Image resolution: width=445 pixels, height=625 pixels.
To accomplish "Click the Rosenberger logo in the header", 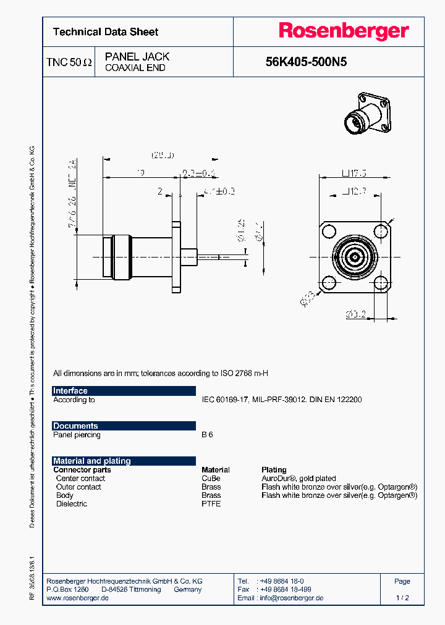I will pos(343,31).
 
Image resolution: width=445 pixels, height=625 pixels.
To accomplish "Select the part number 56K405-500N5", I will pos(306,62).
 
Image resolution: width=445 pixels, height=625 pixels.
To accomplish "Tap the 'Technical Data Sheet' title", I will pos(106,32).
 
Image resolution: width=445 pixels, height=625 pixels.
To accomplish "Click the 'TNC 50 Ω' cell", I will pos(69,62).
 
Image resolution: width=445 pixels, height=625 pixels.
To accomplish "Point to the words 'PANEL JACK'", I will pos(137,57).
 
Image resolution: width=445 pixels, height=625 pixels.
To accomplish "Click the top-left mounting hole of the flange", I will pos(328,229).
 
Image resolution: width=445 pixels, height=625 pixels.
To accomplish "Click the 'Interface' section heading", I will pos(70,391).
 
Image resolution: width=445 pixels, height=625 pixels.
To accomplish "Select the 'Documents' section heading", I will pos(75,426).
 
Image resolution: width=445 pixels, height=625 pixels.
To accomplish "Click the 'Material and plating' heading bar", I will pos(92,461).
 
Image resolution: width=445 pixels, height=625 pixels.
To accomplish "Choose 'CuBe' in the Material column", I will pos(211,479).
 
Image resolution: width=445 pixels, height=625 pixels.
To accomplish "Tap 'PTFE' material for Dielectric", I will pos(211,504).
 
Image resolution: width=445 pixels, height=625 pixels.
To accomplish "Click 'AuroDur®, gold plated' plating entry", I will pos(299,479).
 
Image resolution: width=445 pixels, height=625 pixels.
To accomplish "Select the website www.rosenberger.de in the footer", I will pos(78,598).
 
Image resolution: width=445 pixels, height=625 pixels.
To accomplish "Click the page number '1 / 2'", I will pos(402,598).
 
